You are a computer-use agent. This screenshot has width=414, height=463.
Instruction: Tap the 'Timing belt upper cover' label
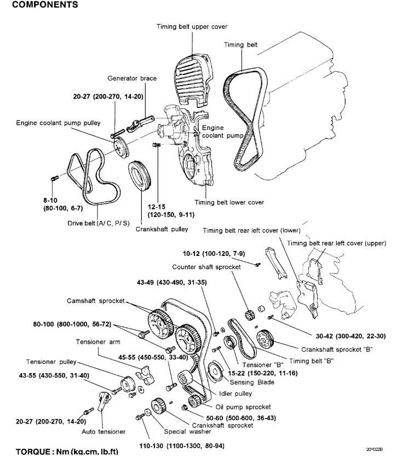[x=192, y=26]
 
